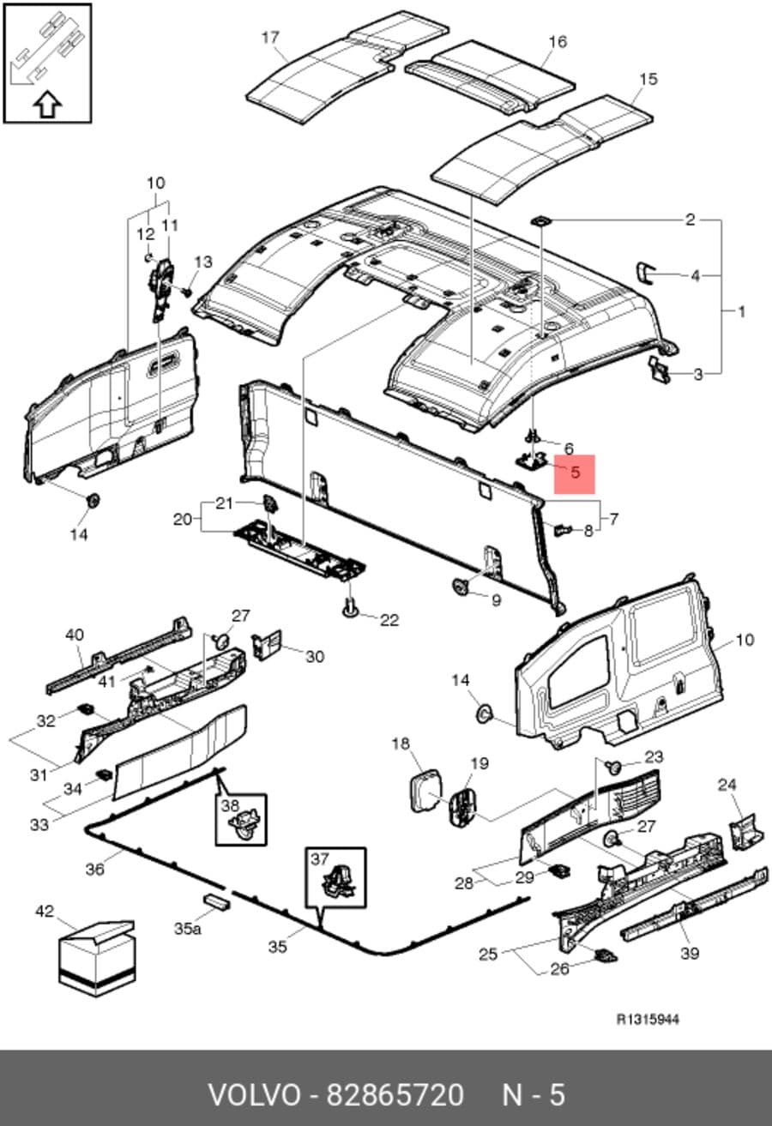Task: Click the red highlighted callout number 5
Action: click(x=576, y=473)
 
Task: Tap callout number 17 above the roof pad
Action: click(x=270, y=38)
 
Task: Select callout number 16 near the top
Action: click(x=558, y=42)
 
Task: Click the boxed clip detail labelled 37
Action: click(x=336, y=877)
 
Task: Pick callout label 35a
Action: click(x=188, y=929)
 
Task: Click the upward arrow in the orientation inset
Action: click(x=47, y=104)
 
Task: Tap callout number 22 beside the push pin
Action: click(x=389, y=620)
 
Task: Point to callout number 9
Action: click(x=496, y=600)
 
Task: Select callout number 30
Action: click(x=315, y=657)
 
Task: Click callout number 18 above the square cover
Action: click(x=401, y=744)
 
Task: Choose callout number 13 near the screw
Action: click(x=203, y=262)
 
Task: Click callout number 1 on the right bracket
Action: click(x=741, y=312)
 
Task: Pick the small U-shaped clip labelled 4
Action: click(x=645, y=273)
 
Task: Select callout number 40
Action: click(x=75, y=635)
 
